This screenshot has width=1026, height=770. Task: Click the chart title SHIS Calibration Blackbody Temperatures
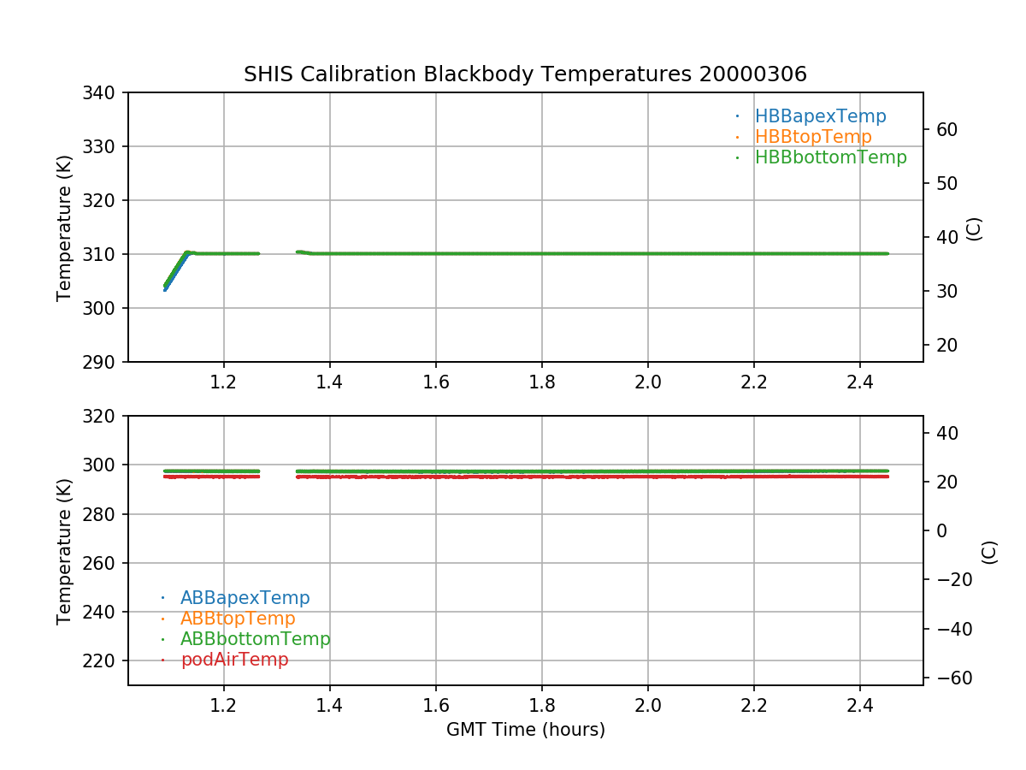pos(525,74)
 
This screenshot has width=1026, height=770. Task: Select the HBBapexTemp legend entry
pos(820,116)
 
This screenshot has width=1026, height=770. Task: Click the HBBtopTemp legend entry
pos(812,137)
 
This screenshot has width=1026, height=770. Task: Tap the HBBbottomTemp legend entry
pos(830,157)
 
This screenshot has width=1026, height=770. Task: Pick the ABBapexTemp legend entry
pos(245,598)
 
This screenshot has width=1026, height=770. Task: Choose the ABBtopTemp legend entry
pos(238,619)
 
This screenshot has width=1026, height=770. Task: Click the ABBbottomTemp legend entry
pos(255,639)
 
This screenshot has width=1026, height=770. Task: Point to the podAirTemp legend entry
pos(234,660)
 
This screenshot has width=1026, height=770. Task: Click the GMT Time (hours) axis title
pos(525,730)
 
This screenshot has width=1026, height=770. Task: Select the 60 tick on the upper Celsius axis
pos(946,129)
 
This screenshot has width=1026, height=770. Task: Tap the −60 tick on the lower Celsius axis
pos(949,678)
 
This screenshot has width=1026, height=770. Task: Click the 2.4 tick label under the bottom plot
pos(860,706)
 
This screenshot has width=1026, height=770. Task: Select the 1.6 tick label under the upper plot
pos(436,382)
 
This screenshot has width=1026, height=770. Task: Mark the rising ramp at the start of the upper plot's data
pos(175,269)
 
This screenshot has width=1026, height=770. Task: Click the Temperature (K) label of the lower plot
pos(64,550)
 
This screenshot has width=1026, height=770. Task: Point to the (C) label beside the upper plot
pos(973,228)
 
